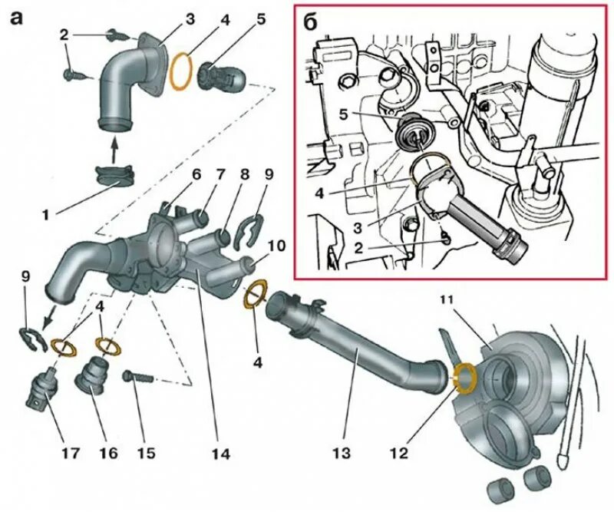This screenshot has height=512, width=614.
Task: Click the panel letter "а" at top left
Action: click(16, 18)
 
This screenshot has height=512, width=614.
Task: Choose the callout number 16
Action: click(107, 454)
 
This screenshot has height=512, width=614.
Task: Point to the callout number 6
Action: click(196, 175)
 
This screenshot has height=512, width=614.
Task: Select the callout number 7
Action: click(221, 175)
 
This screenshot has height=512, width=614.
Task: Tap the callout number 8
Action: click(245, 175)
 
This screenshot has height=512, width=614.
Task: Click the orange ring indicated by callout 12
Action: click(464, 376)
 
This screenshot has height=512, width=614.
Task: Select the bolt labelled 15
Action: click(138, 377)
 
